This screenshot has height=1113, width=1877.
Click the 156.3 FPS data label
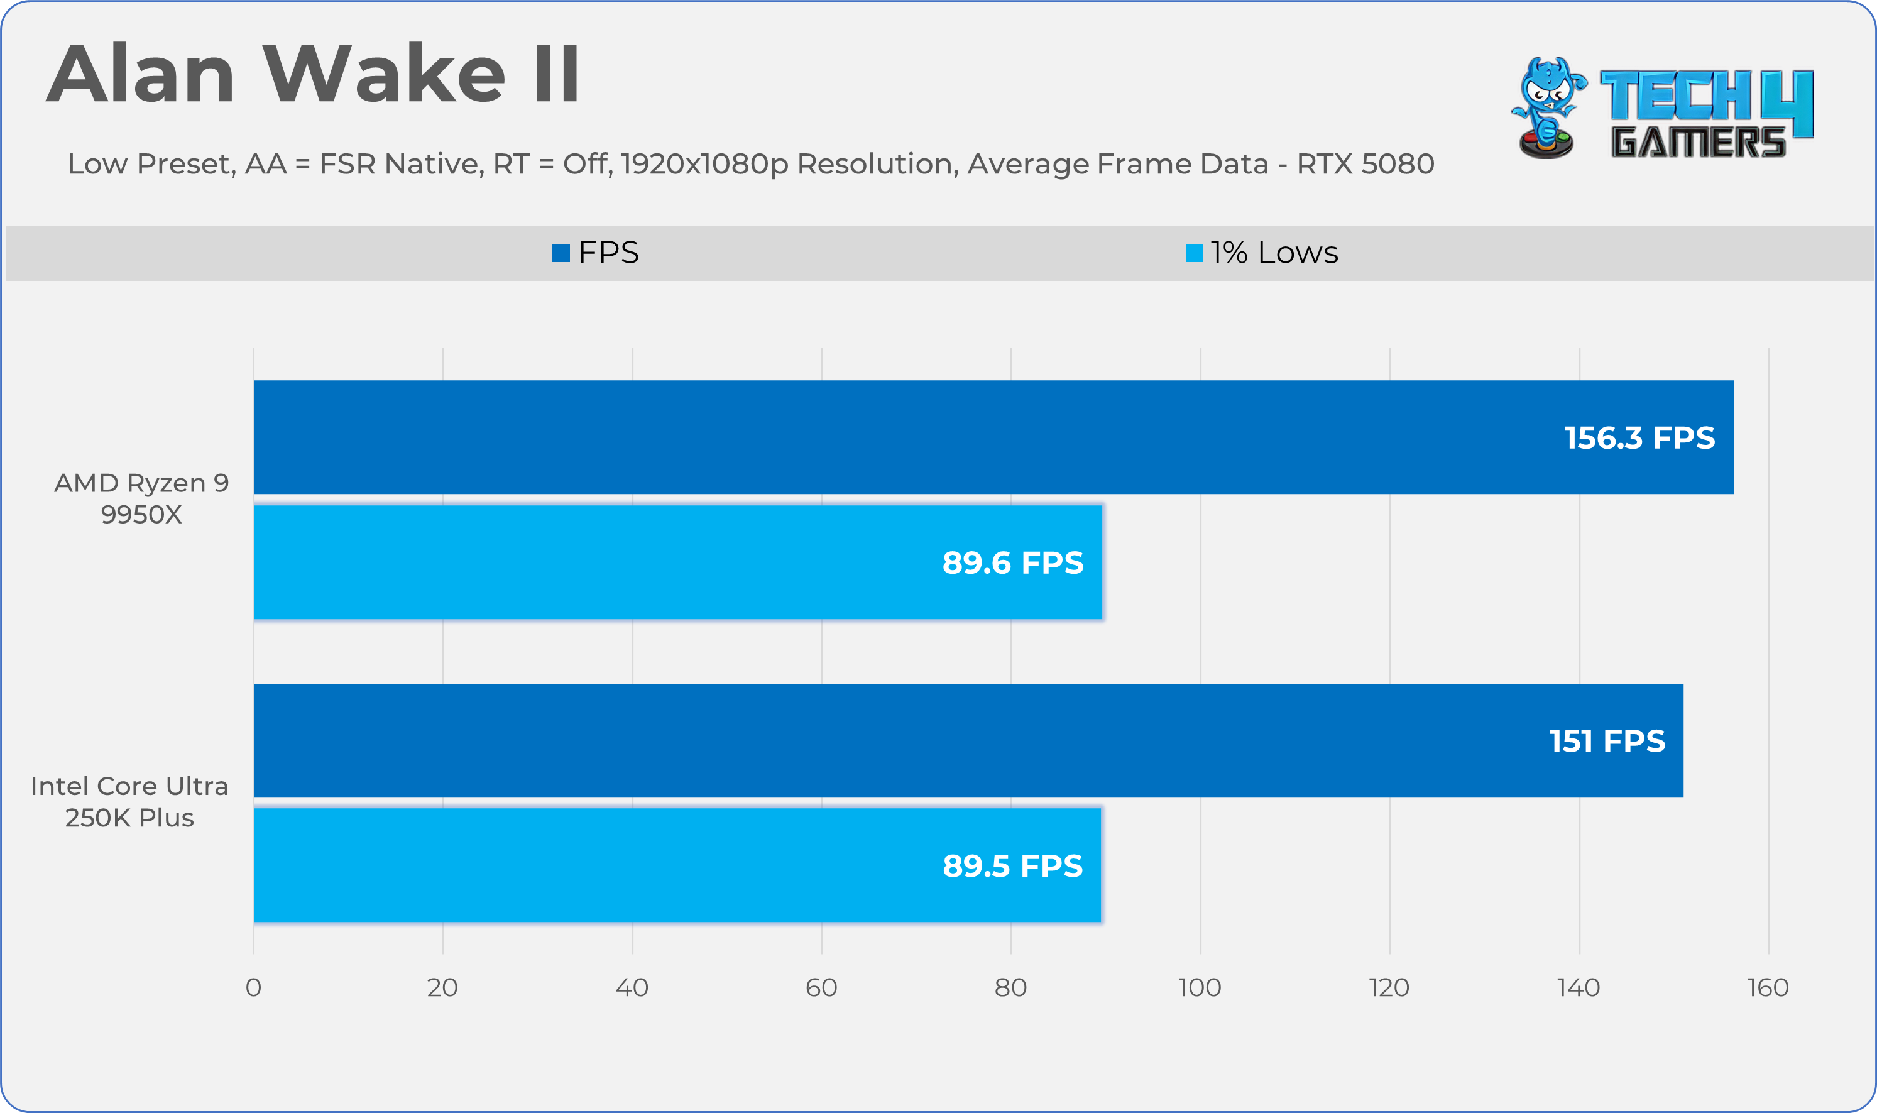[x=1639, y=438]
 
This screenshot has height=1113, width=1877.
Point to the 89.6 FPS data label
[x=1012, y=562]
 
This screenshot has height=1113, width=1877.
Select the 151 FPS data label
[x=1607, y=741]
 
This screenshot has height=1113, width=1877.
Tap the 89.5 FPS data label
[x=1012, y=865]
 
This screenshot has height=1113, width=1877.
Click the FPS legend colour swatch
[x=561, y=253]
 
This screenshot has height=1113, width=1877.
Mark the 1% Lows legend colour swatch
[x=1194, y=253]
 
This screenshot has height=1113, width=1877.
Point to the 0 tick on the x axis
[x=253, y=987]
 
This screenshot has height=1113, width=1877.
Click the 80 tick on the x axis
[x=1010, y=987]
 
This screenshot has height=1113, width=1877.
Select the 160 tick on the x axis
[x=1768, y=987]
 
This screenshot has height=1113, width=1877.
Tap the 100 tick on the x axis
[x=1200, y=987]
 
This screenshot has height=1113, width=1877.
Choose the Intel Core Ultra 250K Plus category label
[x=129, y=801]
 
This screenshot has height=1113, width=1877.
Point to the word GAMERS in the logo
[x=1698, y=142]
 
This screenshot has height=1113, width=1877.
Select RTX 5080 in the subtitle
[x=1365, y=163]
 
